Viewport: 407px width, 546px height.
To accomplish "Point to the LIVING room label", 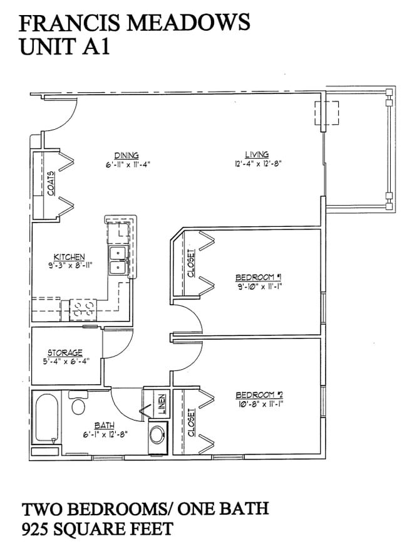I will pos(257,154).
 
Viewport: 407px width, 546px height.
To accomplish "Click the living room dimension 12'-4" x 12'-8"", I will pos(257,165).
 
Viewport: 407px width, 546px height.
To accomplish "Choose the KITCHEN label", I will pos(69,257).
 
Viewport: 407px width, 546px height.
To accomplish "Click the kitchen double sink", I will pos(117,260).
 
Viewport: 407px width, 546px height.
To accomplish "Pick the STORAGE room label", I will pos(65,353).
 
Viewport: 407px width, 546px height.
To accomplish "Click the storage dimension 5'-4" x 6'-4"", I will pos(65,362).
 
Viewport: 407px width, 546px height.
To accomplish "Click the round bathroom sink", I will pos(157,434).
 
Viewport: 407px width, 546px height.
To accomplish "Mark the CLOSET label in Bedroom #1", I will pos(192,264).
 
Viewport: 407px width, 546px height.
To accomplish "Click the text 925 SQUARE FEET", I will pos(97,528).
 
